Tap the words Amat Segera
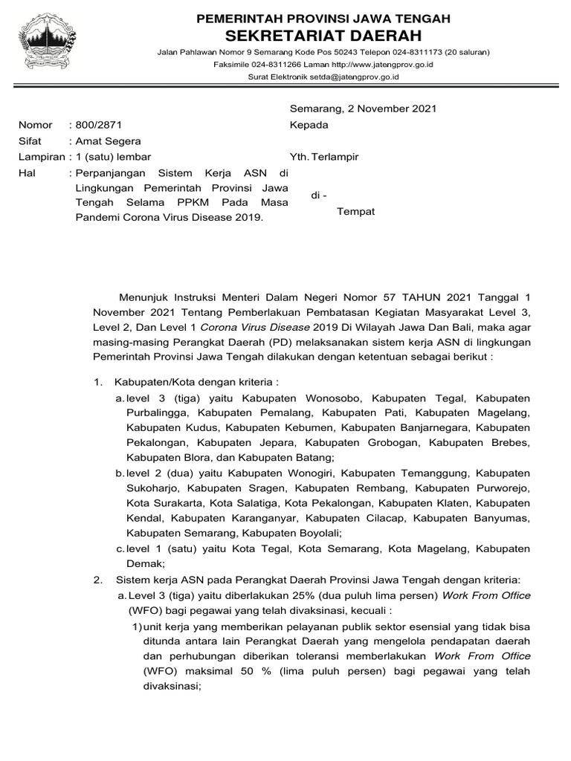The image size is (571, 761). click(109, 141)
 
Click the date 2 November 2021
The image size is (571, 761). click(393, 109)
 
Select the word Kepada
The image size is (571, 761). click(309, 125)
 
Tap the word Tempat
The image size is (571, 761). click(356, 212)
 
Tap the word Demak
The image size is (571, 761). click(141, 563)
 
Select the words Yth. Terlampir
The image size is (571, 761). click(324, 157)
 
